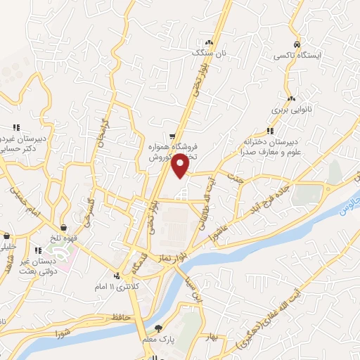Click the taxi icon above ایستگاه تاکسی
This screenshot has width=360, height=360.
point(298,41)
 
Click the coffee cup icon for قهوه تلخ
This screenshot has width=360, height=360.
point(64,227)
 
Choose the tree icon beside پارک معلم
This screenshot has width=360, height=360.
point(158,328)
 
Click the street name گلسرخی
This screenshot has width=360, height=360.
point(89,210)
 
